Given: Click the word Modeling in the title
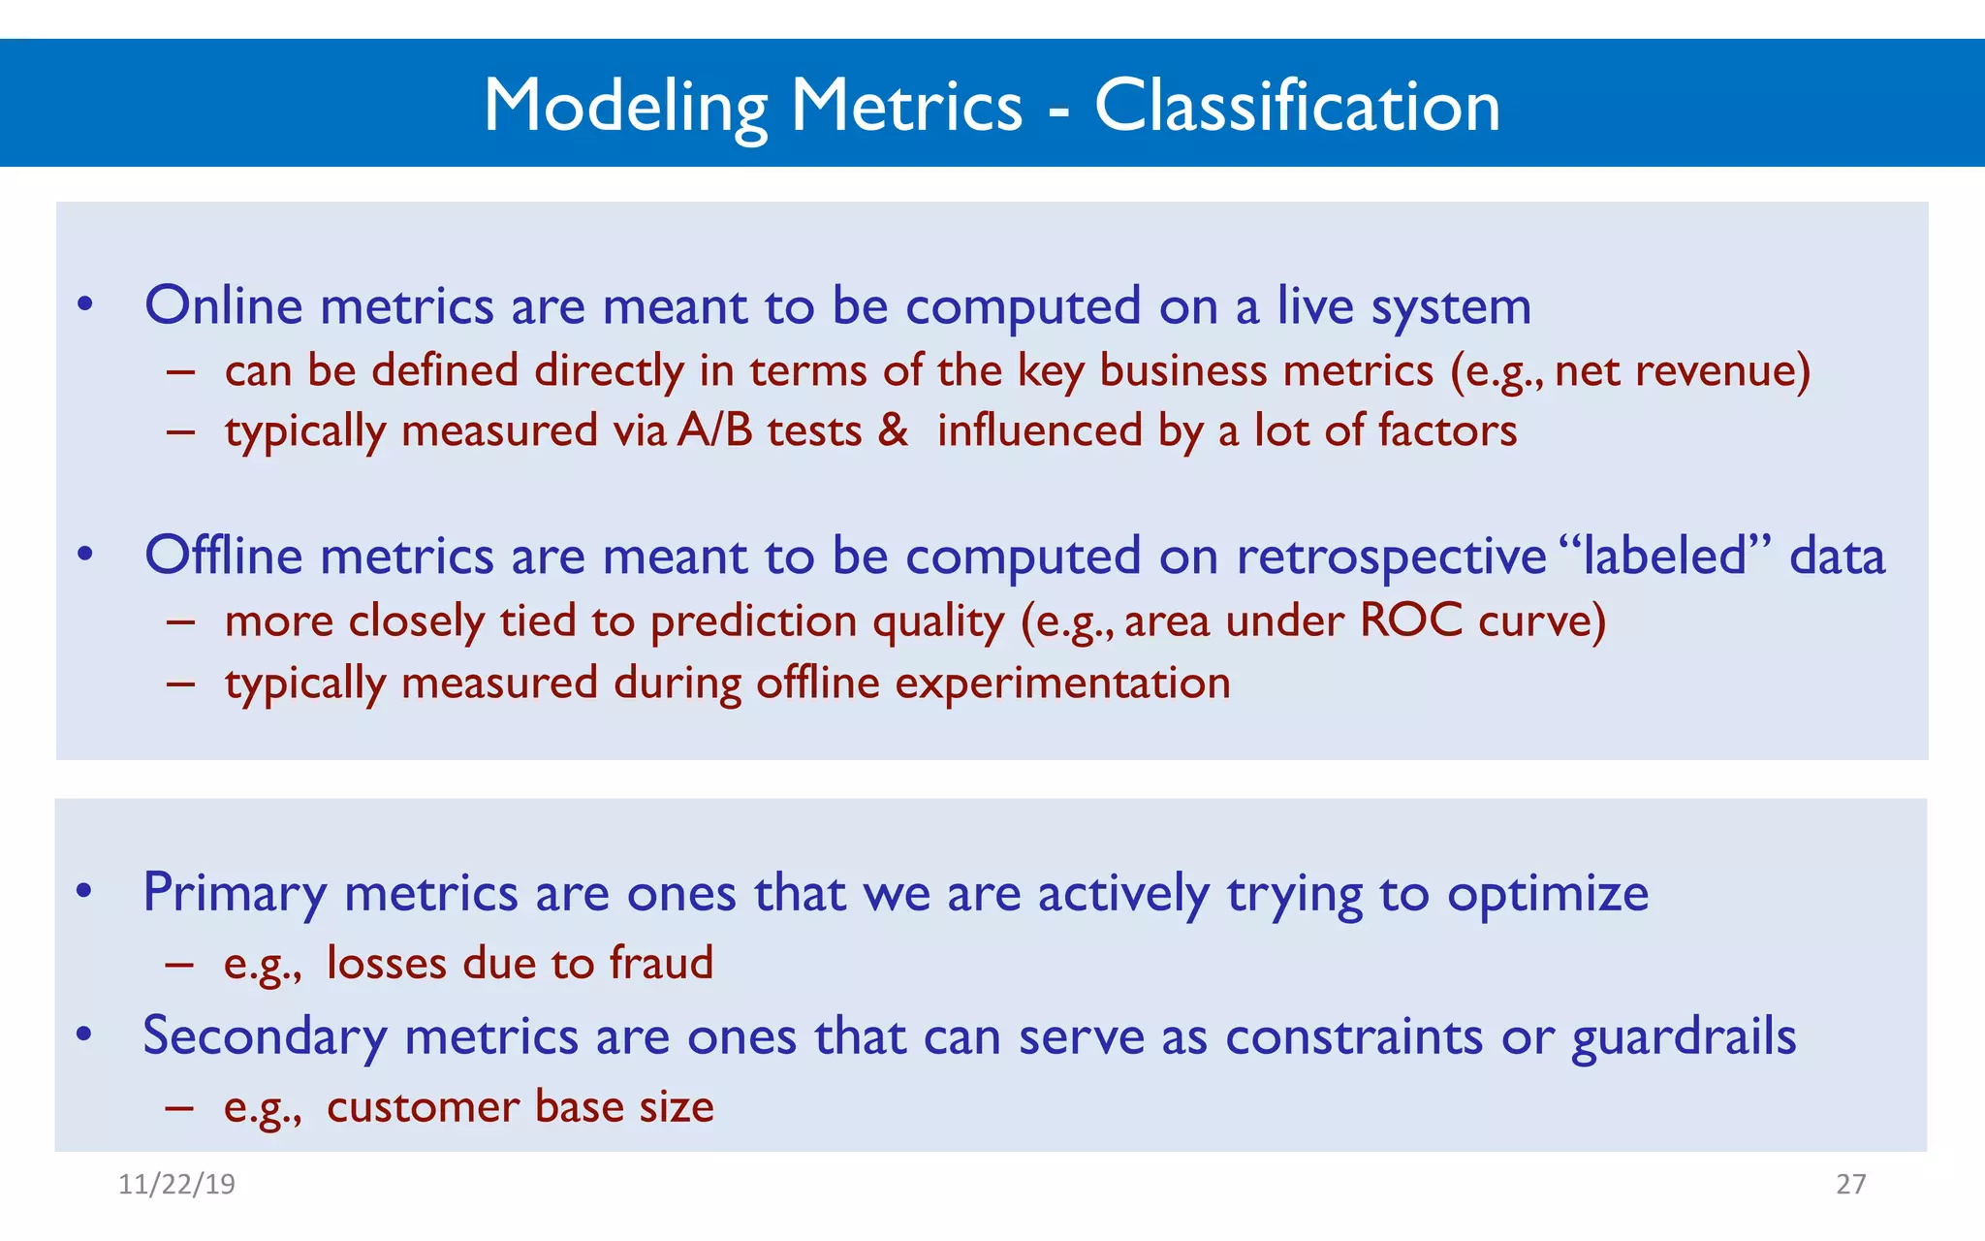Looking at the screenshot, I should (625, 107).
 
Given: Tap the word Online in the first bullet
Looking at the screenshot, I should (224, 305).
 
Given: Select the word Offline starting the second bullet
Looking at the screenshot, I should (224, 556).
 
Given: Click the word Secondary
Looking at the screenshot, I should (264, 1036).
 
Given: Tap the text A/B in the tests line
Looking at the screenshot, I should (714, 430).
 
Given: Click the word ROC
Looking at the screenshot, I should (1411, 620).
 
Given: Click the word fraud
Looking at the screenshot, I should (661, 963).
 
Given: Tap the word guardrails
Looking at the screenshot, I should (1684, 1036).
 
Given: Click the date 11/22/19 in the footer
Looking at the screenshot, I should (176, 1184).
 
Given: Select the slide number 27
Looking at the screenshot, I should (1850, 1184).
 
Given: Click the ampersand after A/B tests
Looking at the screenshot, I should (893, 430).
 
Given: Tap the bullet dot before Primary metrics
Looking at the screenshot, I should (84, 890).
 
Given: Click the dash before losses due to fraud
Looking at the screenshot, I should (179, 964).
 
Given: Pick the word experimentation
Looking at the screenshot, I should (1062, 683).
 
